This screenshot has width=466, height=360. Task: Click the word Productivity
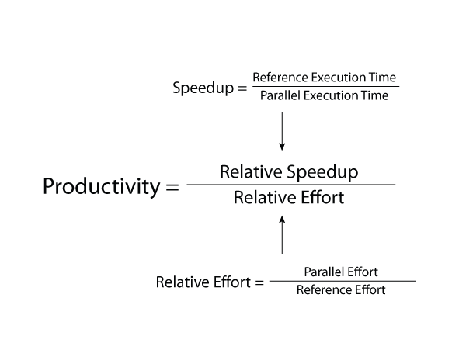(x=101, y=187)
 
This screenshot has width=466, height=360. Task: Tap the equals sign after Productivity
(x=172, y=187)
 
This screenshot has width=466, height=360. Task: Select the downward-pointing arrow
(x=282, y=131)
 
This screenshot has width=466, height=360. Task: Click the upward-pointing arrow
(x=282, y=235)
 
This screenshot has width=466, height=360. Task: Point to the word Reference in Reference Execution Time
(x=280, y=78)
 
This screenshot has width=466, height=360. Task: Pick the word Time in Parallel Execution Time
(x=374, y=95)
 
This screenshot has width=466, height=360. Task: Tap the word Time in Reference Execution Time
(x=382, y=78)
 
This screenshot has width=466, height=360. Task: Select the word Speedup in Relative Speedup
(x=322, y=172)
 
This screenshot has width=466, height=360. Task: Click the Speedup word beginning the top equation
(x=203, y=88)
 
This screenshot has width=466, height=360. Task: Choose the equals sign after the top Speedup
(x=242, y=88)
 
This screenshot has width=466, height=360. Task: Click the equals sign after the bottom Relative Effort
(x=259, y=282)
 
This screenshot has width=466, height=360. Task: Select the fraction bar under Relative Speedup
(x=291, y=185)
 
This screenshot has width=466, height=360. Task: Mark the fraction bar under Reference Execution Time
(x=325, y=87)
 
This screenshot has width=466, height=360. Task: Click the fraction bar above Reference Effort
(x=343, y=281)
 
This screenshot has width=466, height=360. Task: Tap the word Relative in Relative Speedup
(x=251, y=171)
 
